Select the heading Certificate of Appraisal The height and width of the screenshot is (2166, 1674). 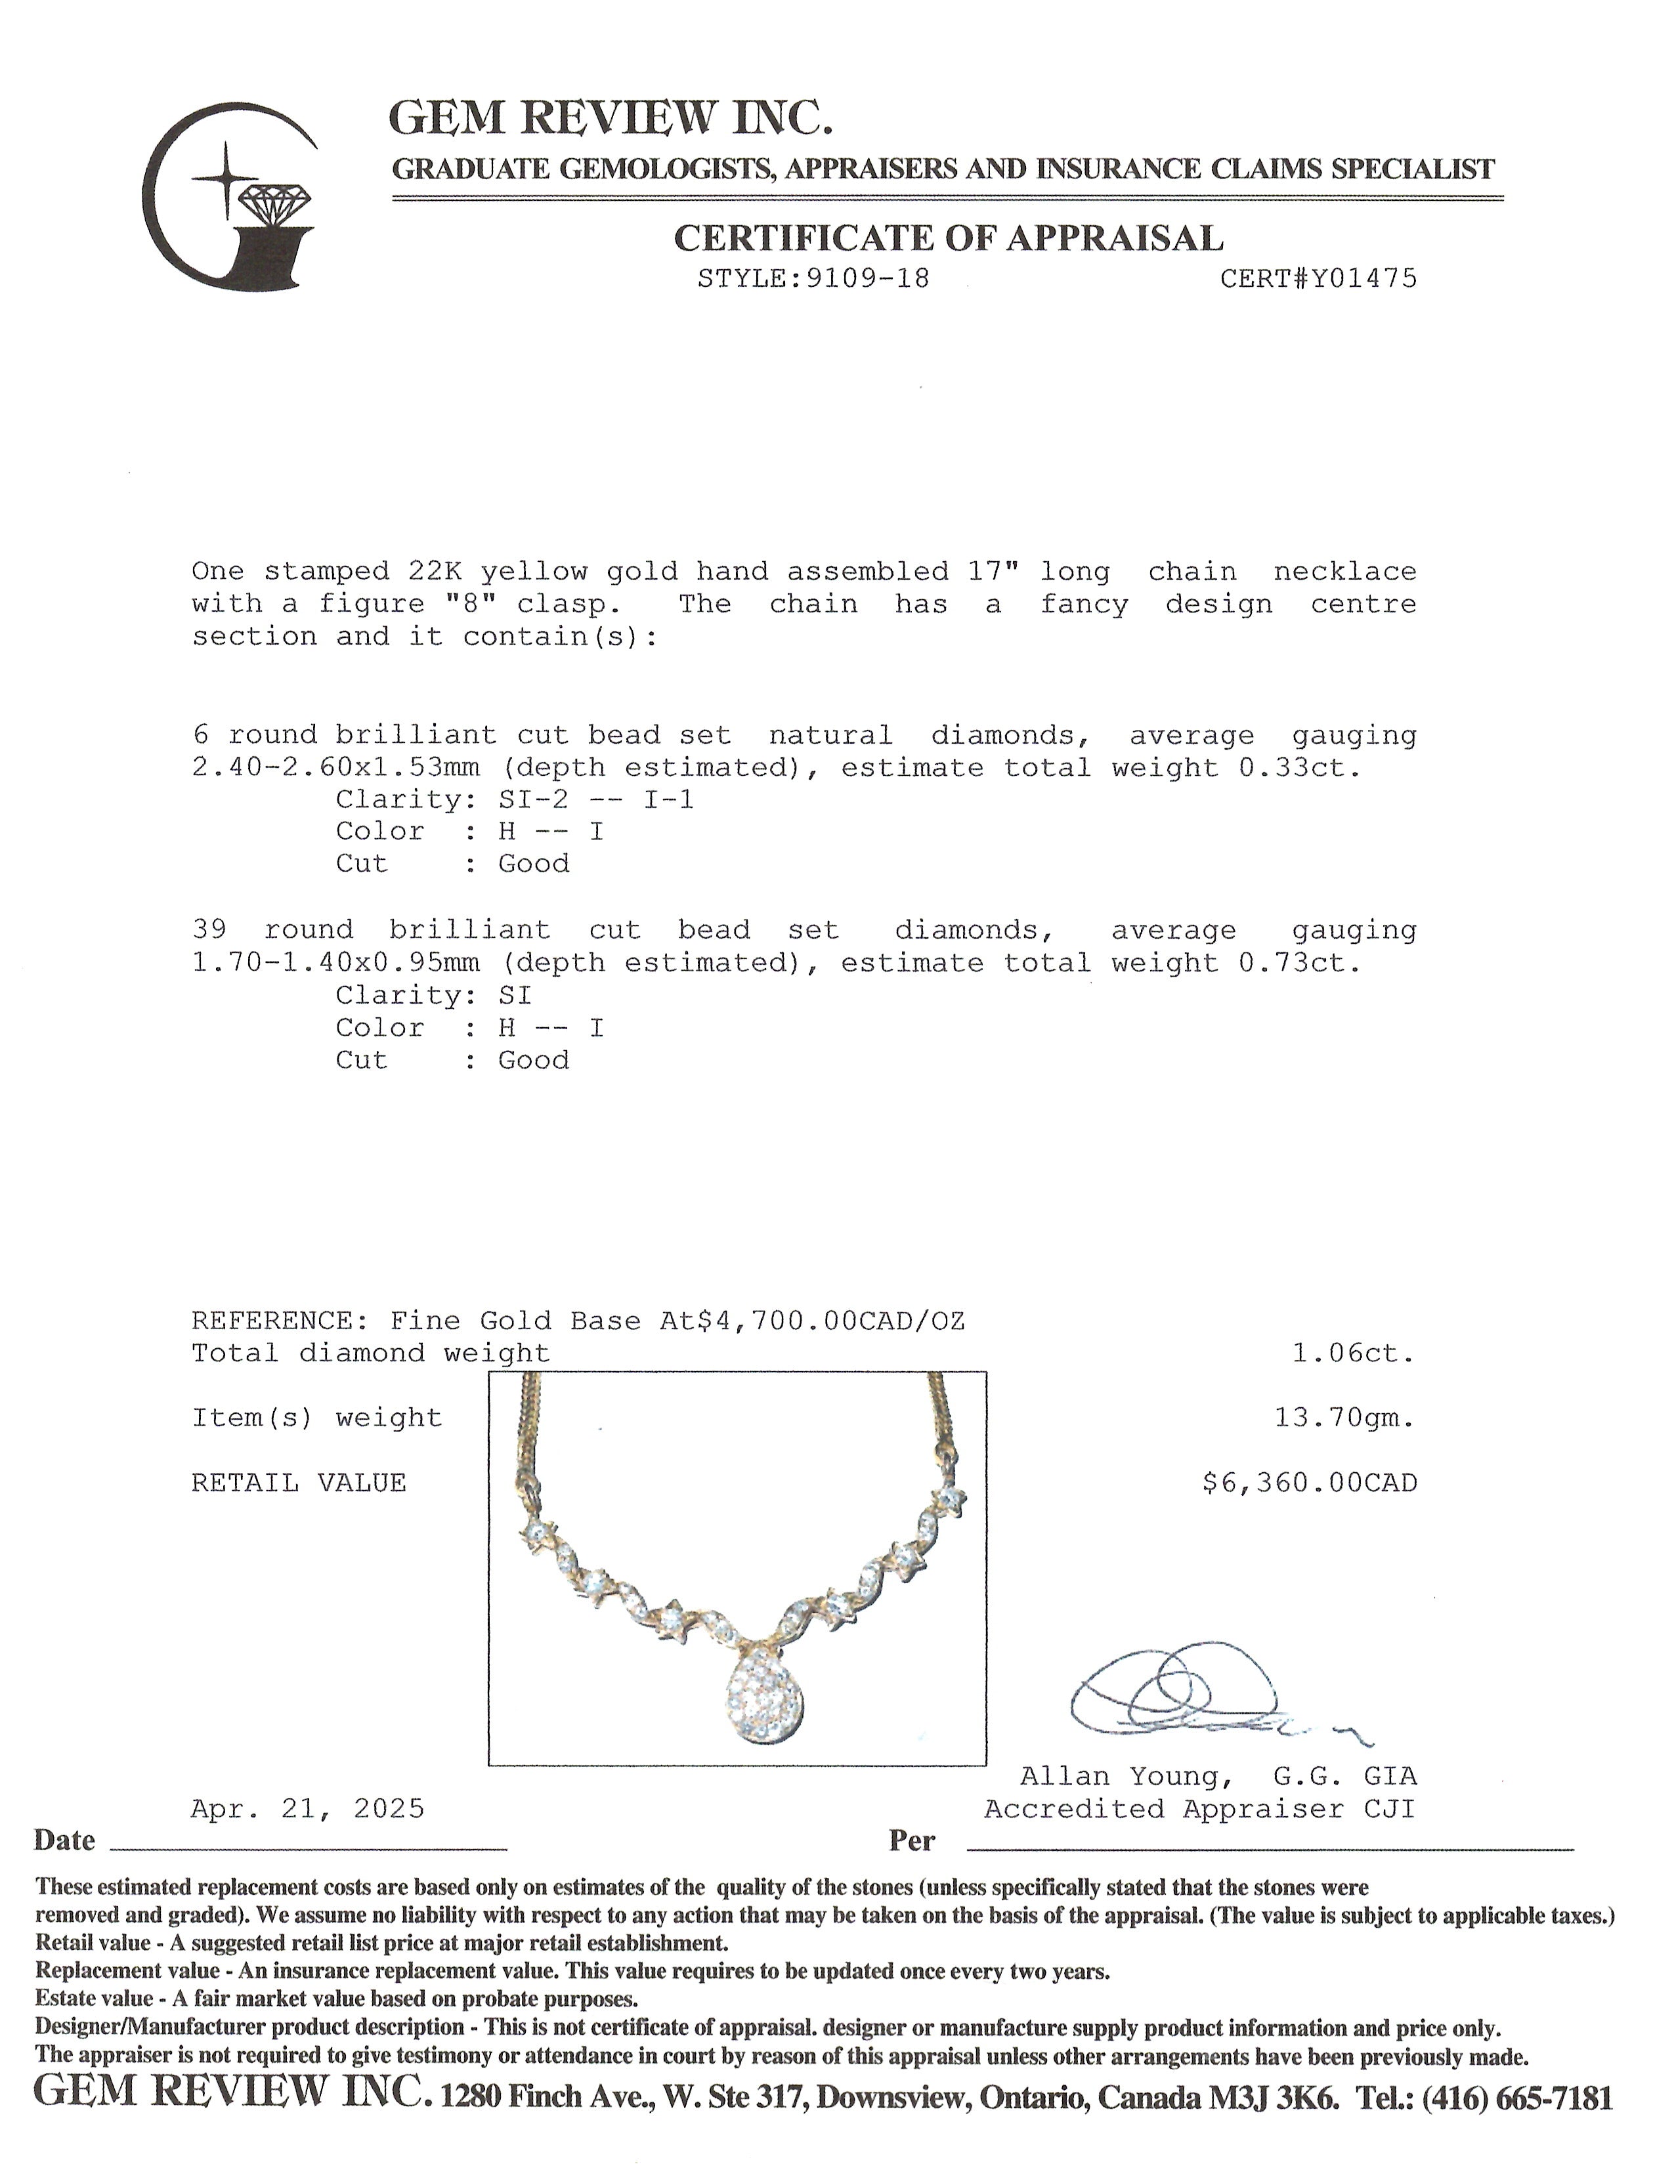tap(948, 238)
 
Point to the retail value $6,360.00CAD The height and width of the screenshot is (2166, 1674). tap(1309, 1483)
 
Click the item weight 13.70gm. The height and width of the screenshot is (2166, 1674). tap(1344, 1418)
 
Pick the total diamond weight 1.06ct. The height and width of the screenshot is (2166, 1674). tap(1353, 1353)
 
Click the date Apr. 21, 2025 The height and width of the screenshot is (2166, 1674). tap(307, 1809)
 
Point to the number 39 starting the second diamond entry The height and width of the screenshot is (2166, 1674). tap(209, 930)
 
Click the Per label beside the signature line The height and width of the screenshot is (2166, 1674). tap(911, 1840)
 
